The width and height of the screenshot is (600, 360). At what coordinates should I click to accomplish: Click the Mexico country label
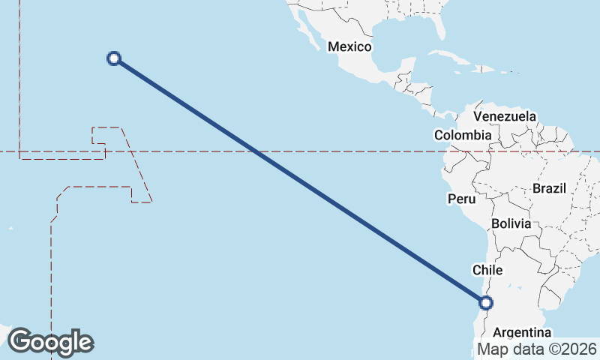pyautogui.click(x=349, y=46)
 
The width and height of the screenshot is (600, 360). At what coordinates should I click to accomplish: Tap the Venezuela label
pyautogui.click(x=505, y=116)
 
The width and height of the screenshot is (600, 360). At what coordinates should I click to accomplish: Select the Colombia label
pyautogui.click(x=463, y=135)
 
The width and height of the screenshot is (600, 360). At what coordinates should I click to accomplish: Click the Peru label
pyautogui.click(x=461, y=199)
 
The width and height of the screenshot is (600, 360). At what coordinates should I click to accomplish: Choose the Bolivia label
pyautogui.click(x=511, y=223)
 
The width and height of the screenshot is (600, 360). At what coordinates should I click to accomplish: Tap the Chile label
pyautogui.click(x=486, y=269)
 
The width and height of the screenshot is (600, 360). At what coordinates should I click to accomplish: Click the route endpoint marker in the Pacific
pyautogui.click(x=114, y=58)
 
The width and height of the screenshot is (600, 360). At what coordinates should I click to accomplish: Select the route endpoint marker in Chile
pyautogui.click(x=486, y=302)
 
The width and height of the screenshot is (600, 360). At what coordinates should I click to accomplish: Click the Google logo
pyautogui.click(x=51, y=342)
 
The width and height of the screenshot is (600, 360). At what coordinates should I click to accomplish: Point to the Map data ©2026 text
pyautogui.click(x=537, y=349)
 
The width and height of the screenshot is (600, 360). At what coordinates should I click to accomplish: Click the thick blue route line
pyautogui.click(x=300, y=180)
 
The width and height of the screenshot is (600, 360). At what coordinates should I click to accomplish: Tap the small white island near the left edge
pyautogui.click(x=10, y=228)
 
